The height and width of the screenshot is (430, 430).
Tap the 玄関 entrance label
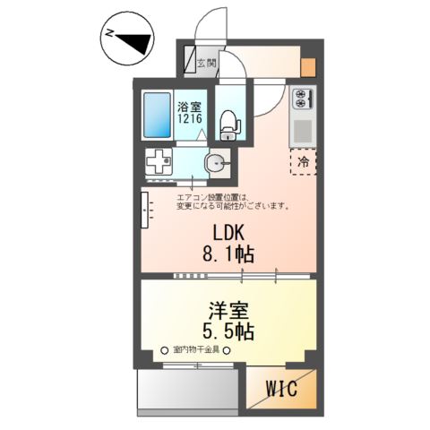(205, 64)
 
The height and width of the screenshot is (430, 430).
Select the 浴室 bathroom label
(188, 106)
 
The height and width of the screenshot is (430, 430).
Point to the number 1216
(188, 118)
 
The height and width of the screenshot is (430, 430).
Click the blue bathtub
(158, 114)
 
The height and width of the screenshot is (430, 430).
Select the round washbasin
(215, 163)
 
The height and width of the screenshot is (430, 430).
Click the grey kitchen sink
(300, 129)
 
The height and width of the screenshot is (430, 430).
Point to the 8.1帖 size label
(223, 254)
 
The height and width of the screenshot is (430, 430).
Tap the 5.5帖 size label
(224, 332)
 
